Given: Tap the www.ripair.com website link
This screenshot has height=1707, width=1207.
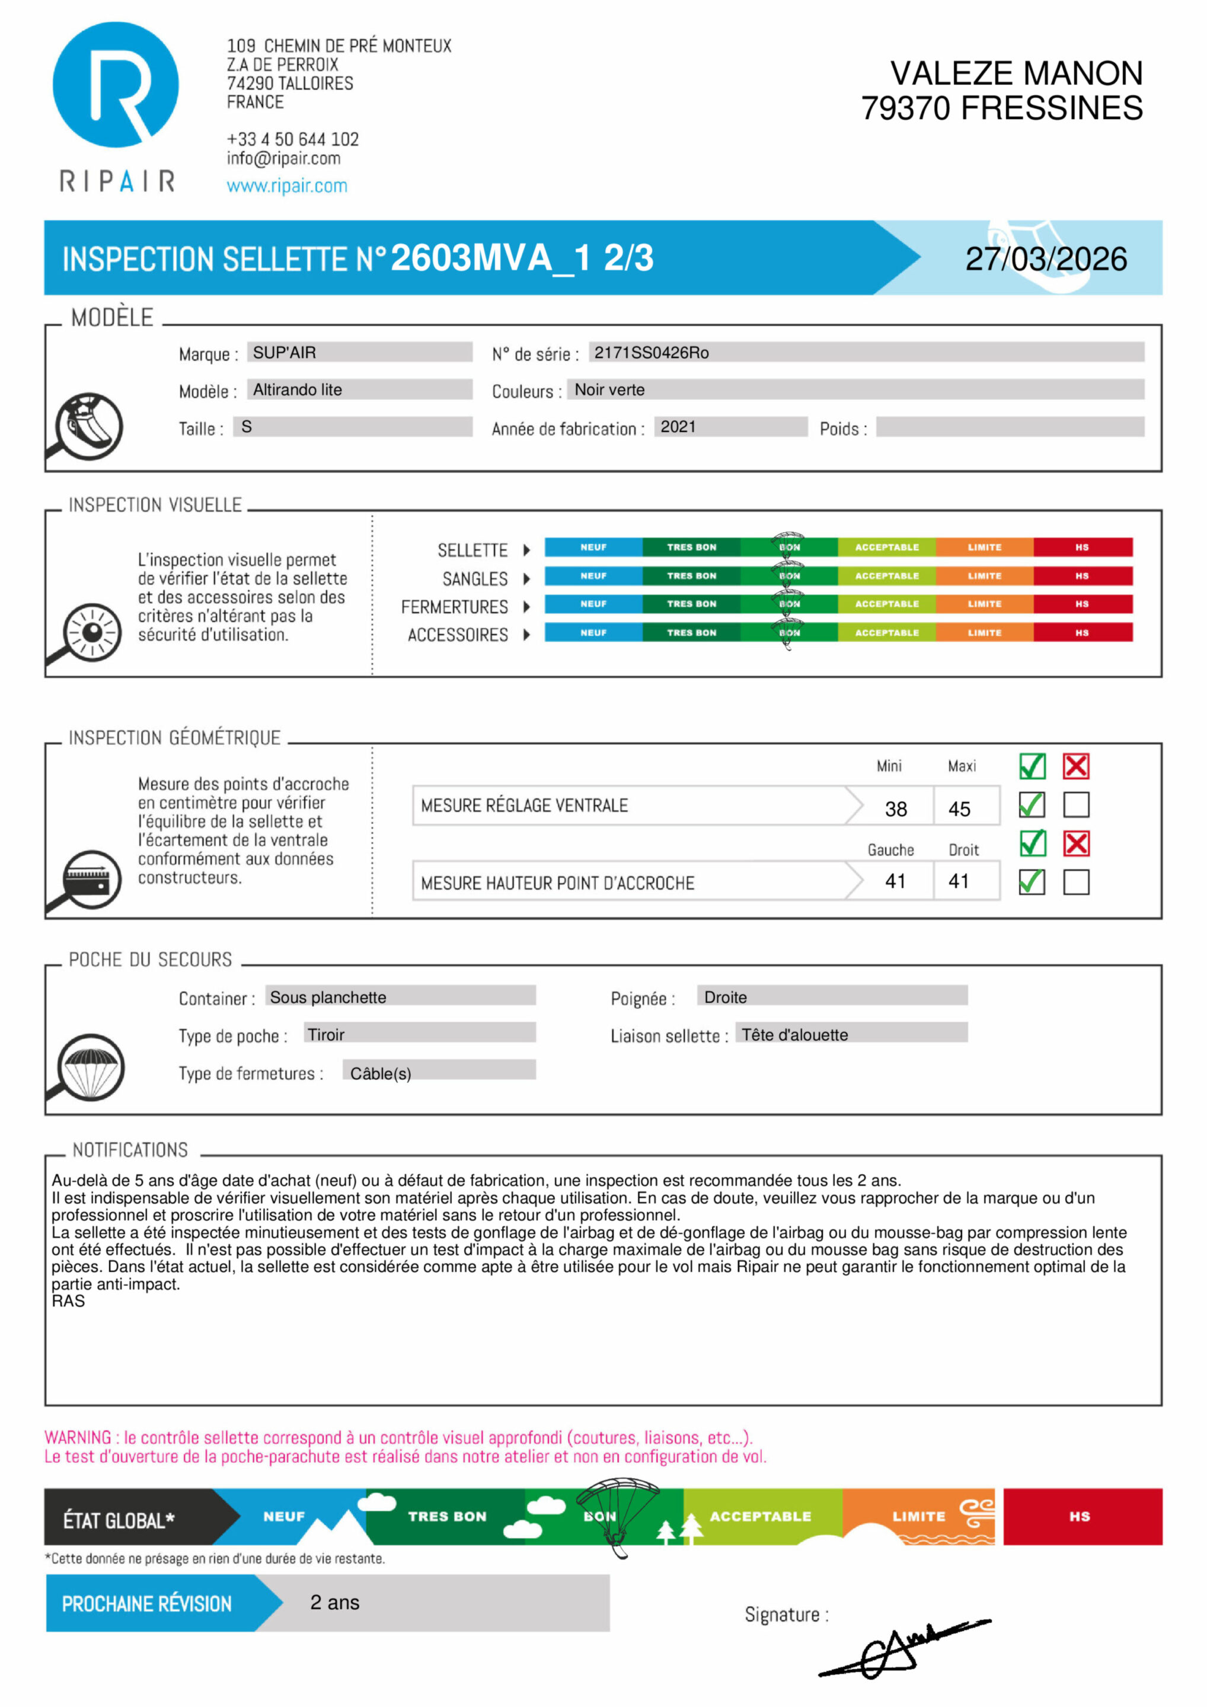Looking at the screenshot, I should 286,186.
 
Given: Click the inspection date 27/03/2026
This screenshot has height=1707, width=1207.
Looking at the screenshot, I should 1046,259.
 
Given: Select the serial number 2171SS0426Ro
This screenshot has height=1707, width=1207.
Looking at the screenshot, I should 651,353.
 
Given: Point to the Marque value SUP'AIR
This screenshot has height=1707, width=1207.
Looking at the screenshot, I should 284,353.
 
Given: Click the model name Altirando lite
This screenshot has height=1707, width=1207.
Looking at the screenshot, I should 298,389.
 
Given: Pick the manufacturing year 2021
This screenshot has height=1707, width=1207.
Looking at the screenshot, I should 678,427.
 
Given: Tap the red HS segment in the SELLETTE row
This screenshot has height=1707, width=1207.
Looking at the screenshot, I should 1082,547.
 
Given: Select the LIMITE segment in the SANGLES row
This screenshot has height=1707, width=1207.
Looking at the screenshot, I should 984,576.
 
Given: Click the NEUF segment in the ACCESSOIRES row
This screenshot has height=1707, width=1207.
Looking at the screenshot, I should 593,632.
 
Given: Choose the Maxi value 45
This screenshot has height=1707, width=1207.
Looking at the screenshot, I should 959,809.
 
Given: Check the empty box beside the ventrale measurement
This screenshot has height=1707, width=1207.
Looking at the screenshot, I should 1076,804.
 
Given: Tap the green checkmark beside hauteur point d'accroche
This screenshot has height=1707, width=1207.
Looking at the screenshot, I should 1032,882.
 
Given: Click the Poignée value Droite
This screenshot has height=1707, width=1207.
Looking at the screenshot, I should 725,997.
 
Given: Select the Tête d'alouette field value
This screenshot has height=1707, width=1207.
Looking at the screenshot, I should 794,1035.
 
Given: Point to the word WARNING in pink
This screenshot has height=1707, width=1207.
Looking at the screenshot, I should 77,1437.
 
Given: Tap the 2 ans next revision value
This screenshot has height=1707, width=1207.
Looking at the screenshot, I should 335,1602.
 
